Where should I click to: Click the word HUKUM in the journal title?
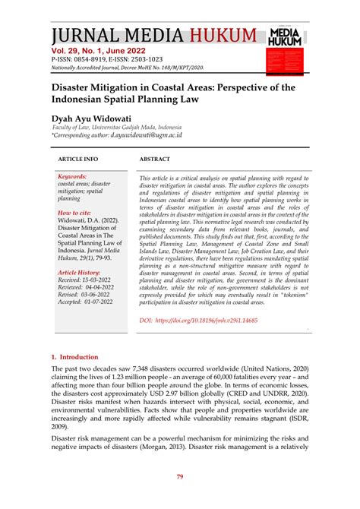(221, 36)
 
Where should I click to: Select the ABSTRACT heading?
(154, 159)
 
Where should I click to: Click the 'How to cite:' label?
(74, 213)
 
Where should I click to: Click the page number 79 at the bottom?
(180, 476)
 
